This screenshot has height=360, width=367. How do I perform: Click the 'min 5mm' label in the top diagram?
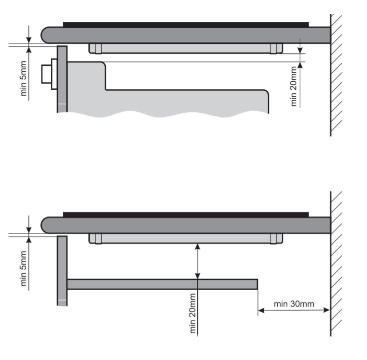(23, 78)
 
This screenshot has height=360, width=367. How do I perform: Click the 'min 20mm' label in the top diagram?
(294, 86)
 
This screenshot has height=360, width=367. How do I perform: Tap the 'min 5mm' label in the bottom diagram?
(23, 268)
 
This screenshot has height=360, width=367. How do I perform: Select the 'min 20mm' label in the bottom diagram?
(192, 313)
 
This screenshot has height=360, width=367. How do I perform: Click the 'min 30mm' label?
(294, 304)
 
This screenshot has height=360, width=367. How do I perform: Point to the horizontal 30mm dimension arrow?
(294, 310)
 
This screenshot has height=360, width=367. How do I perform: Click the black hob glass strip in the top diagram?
(185, 24)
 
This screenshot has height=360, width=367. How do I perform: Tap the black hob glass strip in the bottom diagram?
(185, 214)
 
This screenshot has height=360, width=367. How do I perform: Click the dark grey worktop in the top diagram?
(185, 35)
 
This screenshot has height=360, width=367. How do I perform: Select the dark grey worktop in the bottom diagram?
(185, 225)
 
